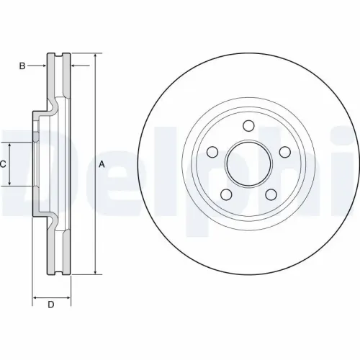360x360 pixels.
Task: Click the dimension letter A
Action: pyautogui.click(x=102, y=164)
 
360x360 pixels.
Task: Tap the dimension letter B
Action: pyautogui.click(x=22, y=66)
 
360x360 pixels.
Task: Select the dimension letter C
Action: pyautogui.click(x=4, y=164)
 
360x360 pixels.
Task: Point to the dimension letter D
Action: pyautogui.click(x=51, y=305)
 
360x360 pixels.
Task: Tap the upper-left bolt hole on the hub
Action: pyautogui.click(x=212, y=152)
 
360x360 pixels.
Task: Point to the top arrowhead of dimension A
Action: pyautogui.click(x=94, y=56)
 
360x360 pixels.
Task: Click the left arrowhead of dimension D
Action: pyautogui.click(x=35, y=296)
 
